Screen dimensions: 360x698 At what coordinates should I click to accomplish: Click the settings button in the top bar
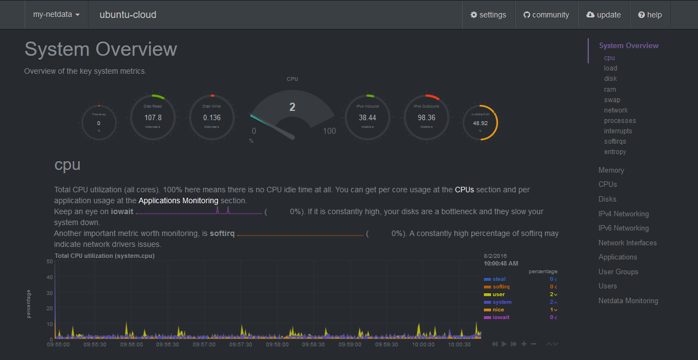click(488, 15)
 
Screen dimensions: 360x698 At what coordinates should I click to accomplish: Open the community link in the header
click(546, 15)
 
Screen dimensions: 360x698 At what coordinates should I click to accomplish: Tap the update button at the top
click(604, 15)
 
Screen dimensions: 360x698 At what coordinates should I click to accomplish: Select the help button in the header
click(650, 15)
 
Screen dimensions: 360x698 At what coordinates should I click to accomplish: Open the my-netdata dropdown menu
click(56, 15)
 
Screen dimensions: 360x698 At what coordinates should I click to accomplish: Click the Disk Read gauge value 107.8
click(153, 117)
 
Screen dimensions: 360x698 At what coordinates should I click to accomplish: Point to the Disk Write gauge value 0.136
click(212, 117)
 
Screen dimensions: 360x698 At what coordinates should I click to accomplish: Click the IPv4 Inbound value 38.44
click(368, 117)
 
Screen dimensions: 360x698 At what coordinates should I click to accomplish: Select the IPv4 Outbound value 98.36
click(427, 117)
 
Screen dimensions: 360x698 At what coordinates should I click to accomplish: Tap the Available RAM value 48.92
click(480, 123)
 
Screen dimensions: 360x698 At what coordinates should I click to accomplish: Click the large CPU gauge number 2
click(292, 107)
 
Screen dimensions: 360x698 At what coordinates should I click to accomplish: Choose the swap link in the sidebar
click(612, 100)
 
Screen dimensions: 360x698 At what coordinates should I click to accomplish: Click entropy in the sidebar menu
click(615, 152)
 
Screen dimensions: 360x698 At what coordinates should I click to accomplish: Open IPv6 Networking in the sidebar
click(623, 228)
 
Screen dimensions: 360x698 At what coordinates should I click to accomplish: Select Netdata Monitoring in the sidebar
click(628, 301)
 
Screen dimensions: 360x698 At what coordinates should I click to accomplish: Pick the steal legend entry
click(499, 279)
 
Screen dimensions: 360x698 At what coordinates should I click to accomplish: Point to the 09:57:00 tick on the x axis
click(204, 345)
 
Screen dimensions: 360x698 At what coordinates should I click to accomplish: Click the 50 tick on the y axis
click(50, 262)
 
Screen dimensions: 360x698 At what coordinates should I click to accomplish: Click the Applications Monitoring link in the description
click(178, 201)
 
